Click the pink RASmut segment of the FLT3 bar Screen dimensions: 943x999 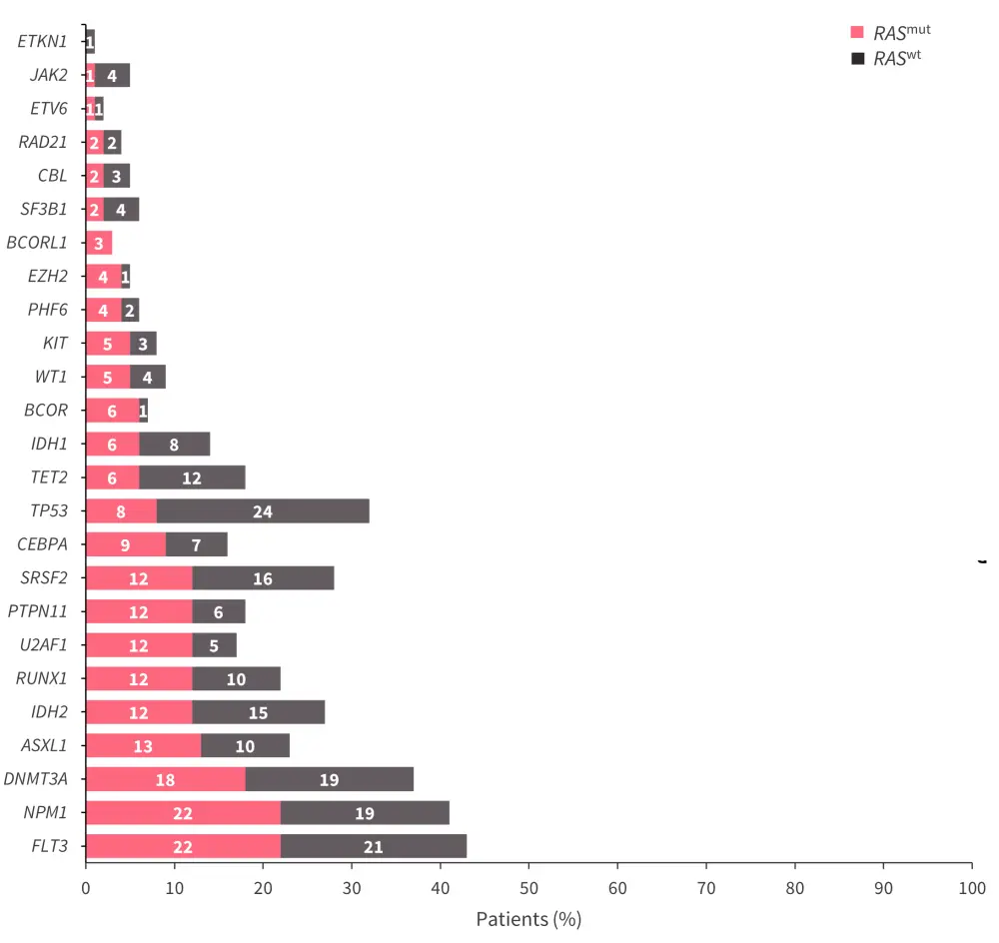point(183,847)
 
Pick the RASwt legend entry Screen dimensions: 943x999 point(889,58)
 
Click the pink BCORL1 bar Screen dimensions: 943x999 point(99,243)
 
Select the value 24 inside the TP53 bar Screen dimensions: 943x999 point(263,511)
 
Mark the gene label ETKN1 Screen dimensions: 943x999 point(43,41)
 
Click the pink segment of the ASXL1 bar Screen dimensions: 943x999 point(144,746)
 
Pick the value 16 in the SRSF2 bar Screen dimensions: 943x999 point(263,578)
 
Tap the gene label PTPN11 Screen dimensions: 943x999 point(38,611)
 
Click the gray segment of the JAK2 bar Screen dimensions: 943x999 point(112,75)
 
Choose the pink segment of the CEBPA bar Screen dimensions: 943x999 point(126,544)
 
